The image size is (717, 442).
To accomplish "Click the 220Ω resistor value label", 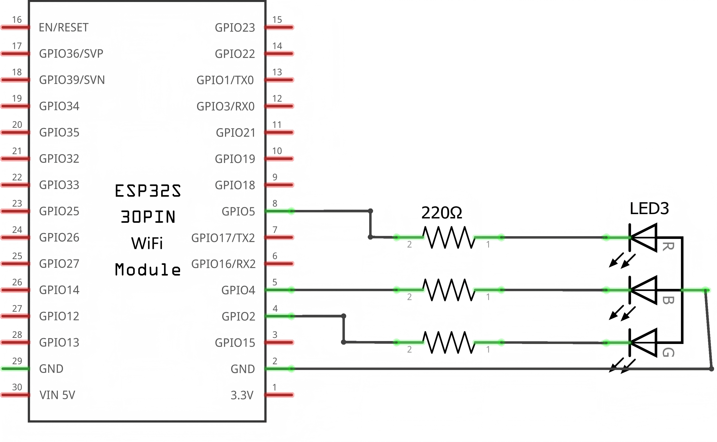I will click(441, 213).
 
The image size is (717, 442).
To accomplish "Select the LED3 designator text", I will click(649, 209).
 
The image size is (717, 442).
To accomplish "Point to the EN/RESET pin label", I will click(63, 27).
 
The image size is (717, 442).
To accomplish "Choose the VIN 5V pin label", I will click(57, 395).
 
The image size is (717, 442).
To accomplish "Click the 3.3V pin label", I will click(242, 395).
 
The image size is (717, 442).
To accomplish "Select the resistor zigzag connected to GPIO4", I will click(449, 290).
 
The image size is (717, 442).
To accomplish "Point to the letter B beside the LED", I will click(668, 300).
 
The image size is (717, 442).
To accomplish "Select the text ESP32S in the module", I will click(148, 191).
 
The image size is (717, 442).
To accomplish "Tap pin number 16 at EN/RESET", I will click(17, 20).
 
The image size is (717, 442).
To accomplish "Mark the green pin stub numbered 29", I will click(15, 369).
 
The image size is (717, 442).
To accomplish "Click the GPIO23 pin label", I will click(235, 27).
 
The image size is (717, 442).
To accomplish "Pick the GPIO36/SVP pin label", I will click(71, 54).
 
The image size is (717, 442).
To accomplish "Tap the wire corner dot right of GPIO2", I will click(344, 316).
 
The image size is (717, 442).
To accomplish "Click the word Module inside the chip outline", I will click(148, 270).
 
